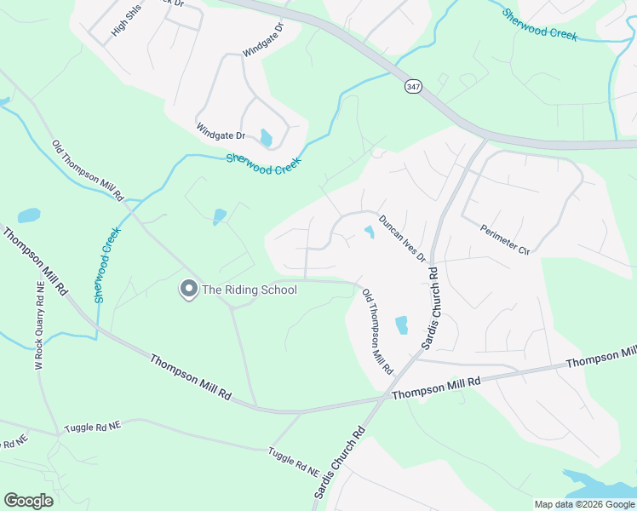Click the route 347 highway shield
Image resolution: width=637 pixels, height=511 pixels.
[x=413, y=87]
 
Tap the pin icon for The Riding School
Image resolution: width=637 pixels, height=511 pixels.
[x=187, y=290]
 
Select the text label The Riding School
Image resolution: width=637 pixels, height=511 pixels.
[x=249, y=290]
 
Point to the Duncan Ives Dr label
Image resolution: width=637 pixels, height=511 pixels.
[x=402, y=238]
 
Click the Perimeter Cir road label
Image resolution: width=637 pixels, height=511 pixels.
[x=505, y=240]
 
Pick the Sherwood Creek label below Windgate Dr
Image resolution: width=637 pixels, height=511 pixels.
[x=264, y=164]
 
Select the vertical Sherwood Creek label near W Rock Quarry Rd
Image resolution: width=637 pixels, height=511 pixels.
[x=108, y=265]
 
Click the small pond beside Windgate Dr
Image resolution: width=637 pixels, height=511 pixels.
[x=267, y=137]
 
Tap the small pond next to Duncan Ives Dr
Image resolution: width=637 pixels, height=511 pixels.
[x=370, y=231]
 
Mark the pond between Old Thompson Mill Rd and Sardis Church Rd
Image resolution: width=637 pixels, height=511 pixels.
[x=401, y=324]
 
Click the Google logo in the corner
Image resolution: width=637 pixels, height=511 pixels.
[x=28, y=501]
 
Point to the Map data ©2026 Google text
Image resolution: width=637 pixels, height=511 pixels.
[x=585, y=504]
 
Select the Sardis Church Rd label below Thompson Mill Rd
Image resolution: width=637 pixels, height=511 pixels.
[x=338, y=463]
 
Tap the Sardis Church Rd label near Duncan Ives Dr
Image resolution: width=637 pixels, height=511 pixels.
[x=430, y=310]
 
